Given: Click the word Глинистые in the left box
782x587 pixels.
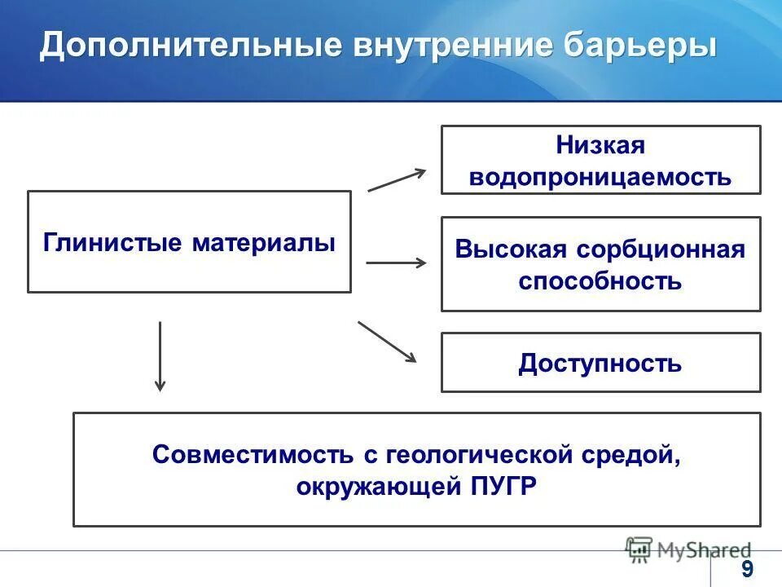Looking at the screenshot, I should (x=113, y=243).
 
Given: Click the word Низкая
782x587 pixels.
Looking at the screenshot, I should (x=600, y=146).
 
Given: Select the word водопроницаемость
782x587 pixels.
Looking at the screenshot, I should (x=600, y=176).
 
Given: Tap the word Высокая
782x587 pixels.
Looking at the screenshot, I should (x=510, y=249).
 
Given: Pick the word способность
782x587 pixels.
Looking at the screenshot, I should (x=600, y=281).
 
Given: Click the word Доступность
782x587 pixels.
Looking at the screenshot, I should (x=600, y=364).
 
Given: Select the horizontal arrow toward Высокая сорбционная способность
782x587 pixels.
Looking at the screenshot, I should (x=396, y=263).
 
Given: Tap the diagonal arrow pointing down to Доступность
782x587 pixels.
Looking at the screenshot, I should (x=387, y=342).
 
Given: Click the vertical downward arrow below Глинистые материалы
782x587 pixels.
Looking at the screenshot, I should (x=160, y=355).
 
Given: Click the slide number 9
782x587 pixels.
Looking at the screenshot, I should (x=746, y=569).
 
